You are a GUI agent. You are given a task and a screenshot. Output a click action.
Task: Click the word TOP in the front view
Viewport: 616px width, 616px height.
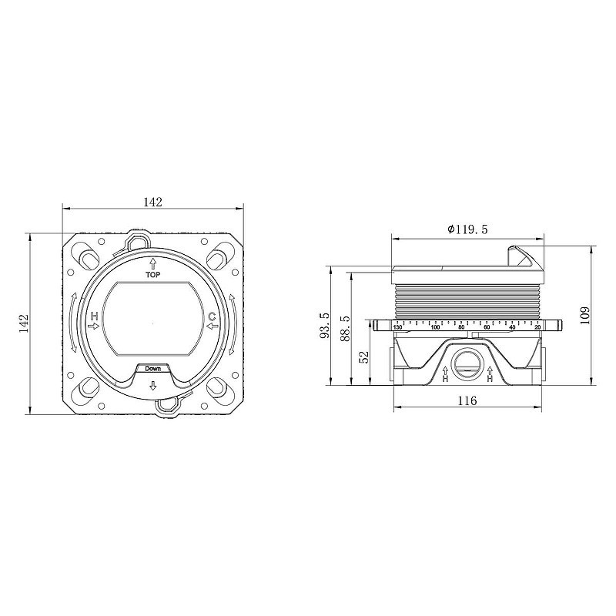(152, 275)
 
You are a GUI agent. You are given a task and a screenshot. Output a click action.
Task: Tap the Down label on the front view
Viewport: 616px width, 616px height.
(152, 369)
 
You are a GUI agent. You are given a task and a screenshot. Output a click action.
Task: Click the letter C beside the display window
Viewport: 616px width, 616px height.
(212, 316)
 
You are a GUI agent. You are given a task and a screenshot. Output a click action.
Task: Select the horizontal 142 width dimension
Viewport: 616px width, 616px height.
(152, 202)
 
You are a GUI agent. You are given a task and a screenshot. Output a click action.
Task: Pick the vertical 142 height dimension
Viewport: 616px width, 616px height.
(24, 323)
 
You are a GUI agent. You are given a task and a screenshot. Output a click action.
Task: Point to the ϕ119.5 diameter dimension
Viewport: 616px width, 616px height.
(467, 229)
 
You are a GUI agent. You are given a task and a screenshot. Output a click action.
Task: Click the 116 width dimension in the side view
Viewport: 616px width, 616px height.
(467, 400)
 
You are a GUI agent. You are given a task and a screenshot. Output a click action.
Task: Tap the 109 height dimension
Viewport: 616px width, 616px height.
(585, 315)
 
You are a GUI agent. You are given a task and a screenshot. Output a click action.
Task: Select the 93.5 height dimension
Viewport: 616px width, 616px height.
(325, 325)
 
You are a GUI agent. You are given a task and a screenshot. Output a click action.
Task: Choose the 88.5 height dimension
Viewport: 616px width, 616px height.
(345, 328)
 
